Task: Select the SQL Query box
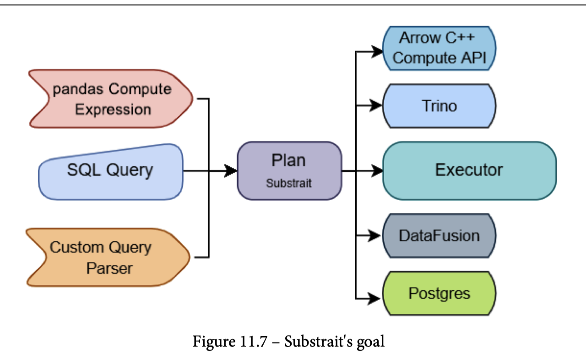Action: click(111, 172)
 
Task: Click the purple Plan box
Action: click(289, 171)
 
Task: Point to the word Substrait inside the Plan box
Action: click(289, 183)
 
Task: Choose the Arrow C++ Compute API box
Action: click(439, 49)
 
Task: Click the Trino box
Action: click(439, 106)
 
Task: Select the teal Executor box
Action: click(469, 171)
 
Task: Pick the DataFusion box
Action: click(439, 236)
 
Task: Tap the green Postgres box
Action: click(439, 293)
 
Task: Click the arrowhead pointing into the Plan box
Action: click(231, 171)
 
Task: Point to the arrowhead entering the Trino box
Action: click(376, 105)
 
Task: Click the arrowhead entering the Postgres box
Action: click(374, 299)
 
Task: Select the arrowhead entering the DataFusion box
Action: click(374, 235)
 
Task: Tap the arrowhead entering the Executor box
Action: click(377, 171)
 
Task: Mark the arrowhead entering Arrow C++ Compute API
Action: click(377, 52)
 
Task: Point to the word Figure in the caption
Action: click(214, 342)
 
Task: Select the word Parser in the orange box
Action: click(109, 268)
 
